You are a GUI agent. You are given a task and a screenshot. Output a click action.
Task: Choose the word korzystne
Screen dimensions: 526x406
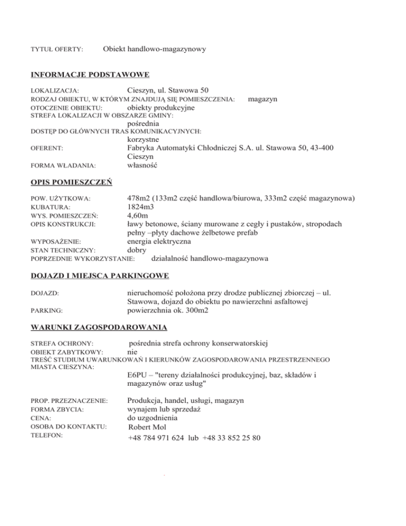click(x=146, y=140)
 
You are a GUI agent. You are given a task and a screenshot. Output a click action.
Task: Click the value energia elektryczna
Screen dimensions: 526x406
click(x=159, y=241)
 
